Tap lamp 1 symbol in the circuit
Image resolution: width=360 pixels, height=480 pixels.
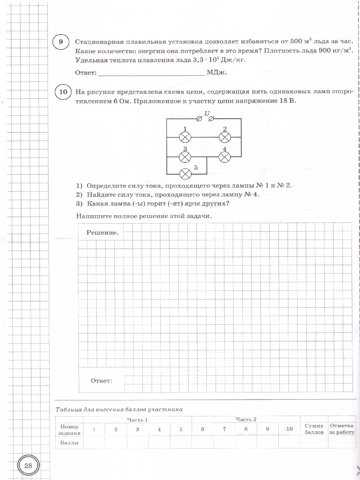pyautogui.click(x=185, y=137)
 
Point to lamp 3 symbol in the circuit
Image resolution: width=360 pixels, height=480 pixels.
pyautogui.click(x=185, y=157)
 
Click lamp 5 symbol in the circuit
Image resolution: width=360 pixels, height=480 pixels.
pyautogui.click(x=185, y=174)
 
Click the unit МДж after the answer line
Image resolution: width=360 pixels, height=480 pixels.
pyautogui.click(x=217, y=73)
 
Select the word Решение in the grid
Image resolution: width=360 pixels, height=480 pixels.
pyautogui.click(x=102, y=233)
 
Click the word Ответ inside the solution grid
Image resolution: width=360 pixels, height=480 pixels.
pyautogui.click(x=102, y=381)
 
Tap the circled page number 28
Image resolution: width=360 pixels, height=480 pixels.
pyautogui.click(x=28, y=465)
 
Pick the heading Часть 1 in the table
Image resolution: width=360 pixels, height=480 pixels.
pyautogui.click(x=137, y=419)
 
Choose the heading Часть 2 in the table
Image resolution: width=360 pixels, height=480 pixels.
pyautogui.click(x=246, y=419)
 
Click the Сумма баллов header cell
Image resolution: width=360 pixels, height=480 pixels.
pyautogui.click(x=314, y=429)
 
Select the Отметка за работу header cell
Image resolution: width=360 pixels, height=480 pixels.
pyautogui.click(x=342, y=429)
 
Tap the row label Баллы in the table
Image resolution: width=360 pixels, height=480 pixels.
pyautogui.click(x=69, y=443)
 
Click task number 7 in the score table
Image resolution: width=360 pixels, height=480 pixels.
pyautogui.click(x=224, y=429)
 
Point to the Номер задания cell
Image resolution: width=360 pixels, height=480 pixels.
pyautogui.click(x=69, y=429)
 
